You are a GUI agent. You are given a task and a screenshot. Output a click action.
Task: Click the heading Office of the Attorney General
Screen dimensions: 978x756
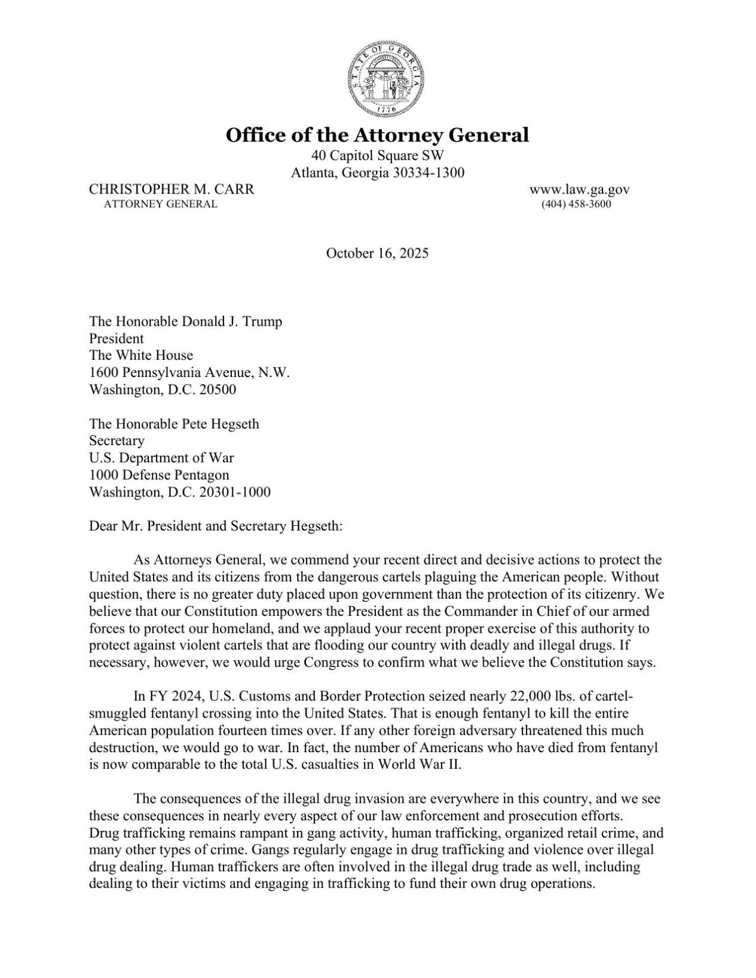pyautogui.click(x=377, y=135)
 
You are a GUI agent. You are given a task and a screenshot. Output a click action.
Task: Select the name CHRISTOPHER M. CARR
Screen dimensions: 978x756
pyautogui.click(x=172, y=189)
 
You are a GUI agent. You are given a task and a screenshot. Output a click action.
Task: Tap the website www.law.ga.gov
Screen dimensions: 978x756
pyautogui.click(x=579, y=189)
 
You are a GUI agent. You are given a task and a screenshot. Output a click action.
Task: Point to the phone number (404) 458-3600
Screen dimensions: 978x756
pyautogui.click(x=576, y=204)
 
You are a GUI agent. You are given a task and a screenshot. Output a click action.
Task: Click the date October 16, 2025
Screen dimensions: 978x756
pyautogui.click(x=377, y=253)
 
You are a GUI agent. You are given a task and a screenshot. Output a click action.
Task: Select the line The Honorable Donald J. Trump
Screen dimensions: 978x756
pyautogui.click(x=185, y=321)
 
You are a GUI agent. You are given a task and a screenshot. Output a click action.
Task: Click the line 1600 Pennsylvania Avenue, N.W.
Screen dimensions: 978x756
pyautogui.click(x=189, y=373)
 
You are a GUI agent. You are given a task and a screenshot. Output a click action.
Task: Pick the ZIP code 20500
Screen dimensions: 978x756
pyautogui.click(x=218, y=390)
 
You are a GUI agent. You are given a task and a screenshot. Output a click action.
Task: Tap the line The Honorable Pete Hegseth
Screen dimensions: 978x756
pyautogui.click(x=174, y=424)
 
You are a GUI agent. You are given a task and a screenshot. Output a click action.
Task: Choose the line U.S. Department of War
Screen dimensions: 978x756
pyautogui.click(x=161, y=458)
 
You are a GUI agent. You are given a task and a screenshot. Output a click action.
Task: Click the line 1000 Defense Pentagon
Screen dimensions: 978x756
pyautogui.click(x=159, y=475)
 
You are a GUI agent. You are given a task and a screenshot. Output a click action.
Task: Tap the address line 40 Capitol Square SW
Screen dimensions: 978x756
pyautogui.click(x=377, y=156)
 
